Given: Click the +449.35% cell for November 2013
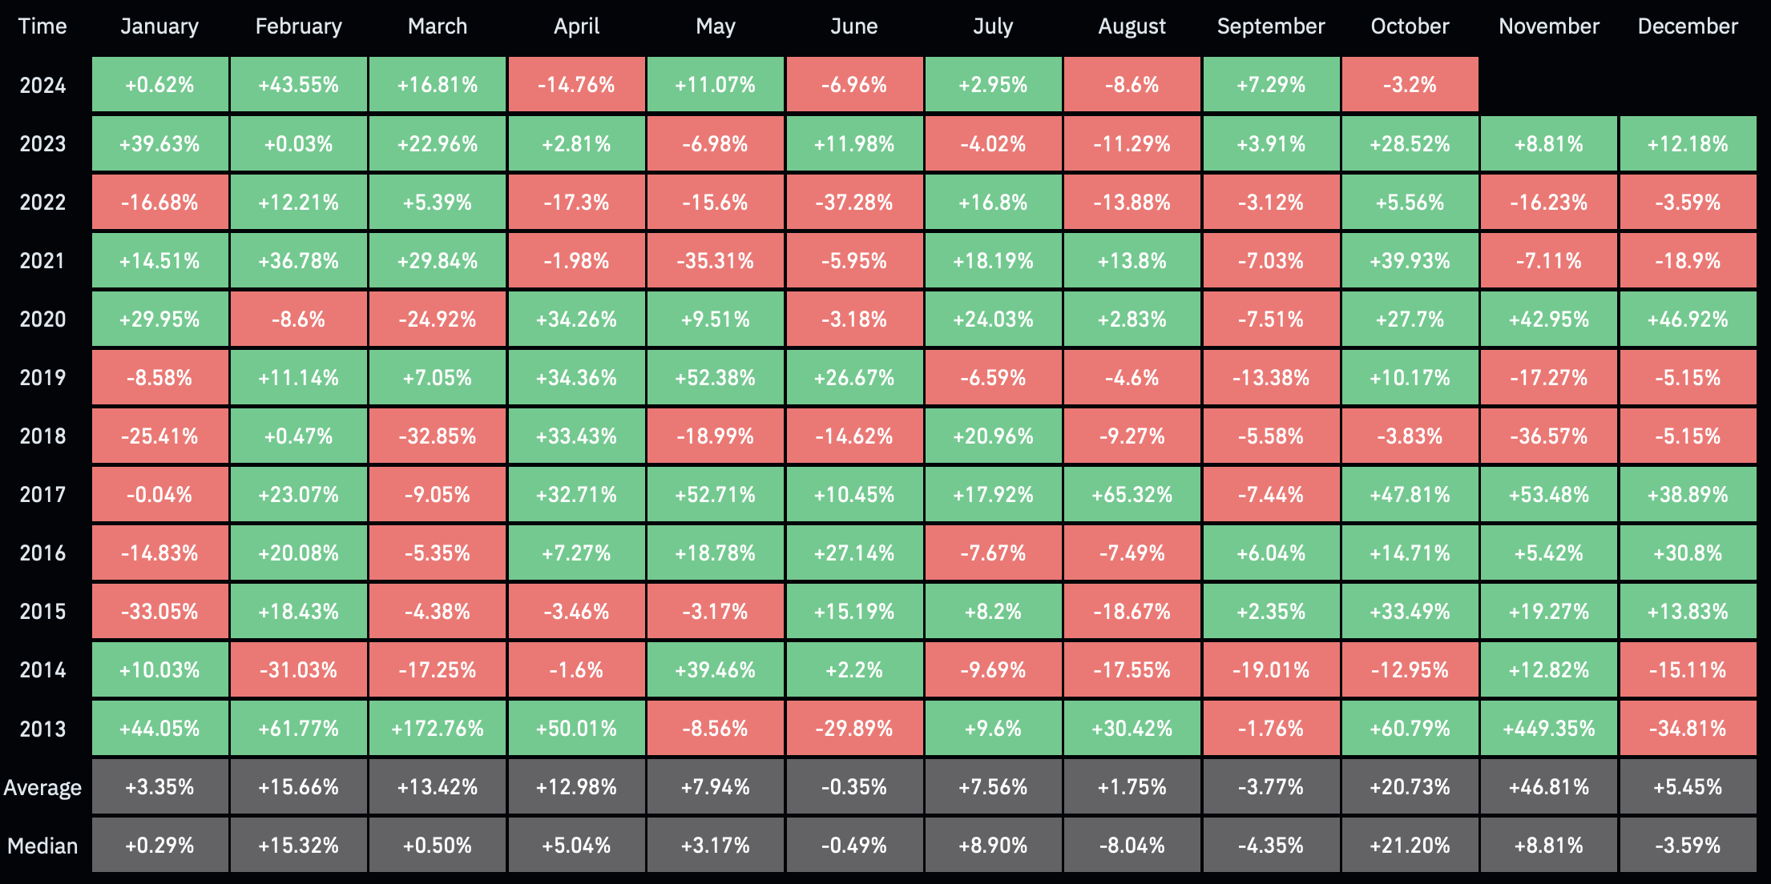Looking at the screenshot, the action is click(1548, 729).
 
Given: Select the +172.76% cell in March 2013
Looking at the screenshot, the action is click(438, 729).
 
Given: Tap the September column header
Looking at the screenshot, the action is click(1271, 26).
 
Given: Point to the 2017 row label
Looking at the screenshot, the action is click(42, 495).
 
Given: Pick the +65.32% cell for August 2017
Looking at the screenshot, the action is click(1132, 495).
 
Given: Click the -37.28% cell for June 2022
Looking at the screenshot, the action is click(854, 203).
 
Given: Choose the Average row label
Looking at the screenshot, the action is click(42, 788).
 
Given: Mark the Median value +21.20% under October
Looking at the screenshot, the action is click(1410, 846).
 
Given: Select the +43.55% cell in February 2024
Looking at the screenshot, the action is click(299, 85).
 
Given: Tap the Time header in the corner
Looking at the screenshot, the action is click(42, 26).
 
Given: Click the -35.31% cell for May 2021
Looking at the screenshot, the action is click(716, 261).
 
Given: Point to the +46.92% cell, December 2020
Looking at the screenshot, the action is click(1688, 319).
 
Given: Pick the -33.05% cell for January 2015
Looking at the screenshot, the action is click(159, 612).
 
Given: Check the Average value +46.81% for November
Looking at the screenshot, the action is click(1548, 787).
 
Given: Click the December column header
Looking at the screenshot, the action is click(1688, 26).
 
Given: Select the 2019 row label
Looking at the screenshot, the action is click(42, 378).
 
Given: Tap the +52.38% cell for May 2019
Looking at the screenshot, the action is click(716, 378).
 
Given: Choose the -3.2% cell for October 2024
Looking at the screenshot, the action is click(1410, 85).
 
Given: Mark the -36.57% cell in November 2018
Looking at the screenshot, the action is click(1548, 436).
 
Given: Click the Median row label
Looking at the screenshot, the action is click(42, 846).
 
